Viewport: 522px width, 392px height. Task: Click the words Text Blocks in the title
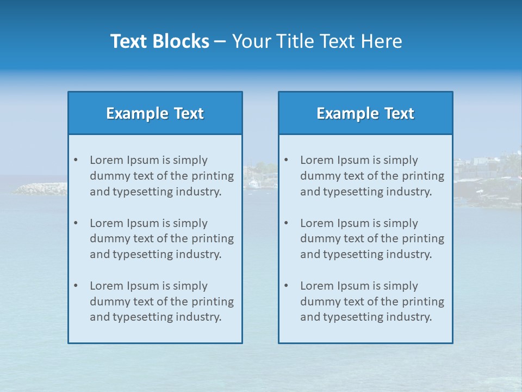tap(159, 41)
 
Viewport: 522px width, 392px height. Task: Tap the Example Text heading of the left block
tap(155, 113)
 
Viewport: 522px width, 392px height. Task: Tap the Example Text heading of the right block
tap(365, 113)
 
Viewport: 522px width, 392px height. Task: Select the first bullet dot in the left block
tap(76, 160)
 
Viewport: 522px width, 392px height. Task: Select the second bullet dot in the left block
tap(76, 223)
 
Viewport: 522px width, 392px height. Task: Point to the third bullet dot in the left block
tap(76, 286)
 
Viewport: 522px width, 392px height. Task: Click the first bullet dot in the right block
tap(286, 160)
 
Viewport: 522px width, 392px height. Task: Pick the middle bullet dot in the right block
tap(286, 223)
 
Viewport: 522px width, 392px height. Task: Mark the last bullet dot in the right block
tap(286, 286)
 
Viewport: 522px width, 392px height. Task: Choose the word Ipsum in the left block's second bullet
tap(140, 223)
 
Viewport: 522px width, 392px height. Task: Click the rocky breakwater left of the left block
tap(41, 189)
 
